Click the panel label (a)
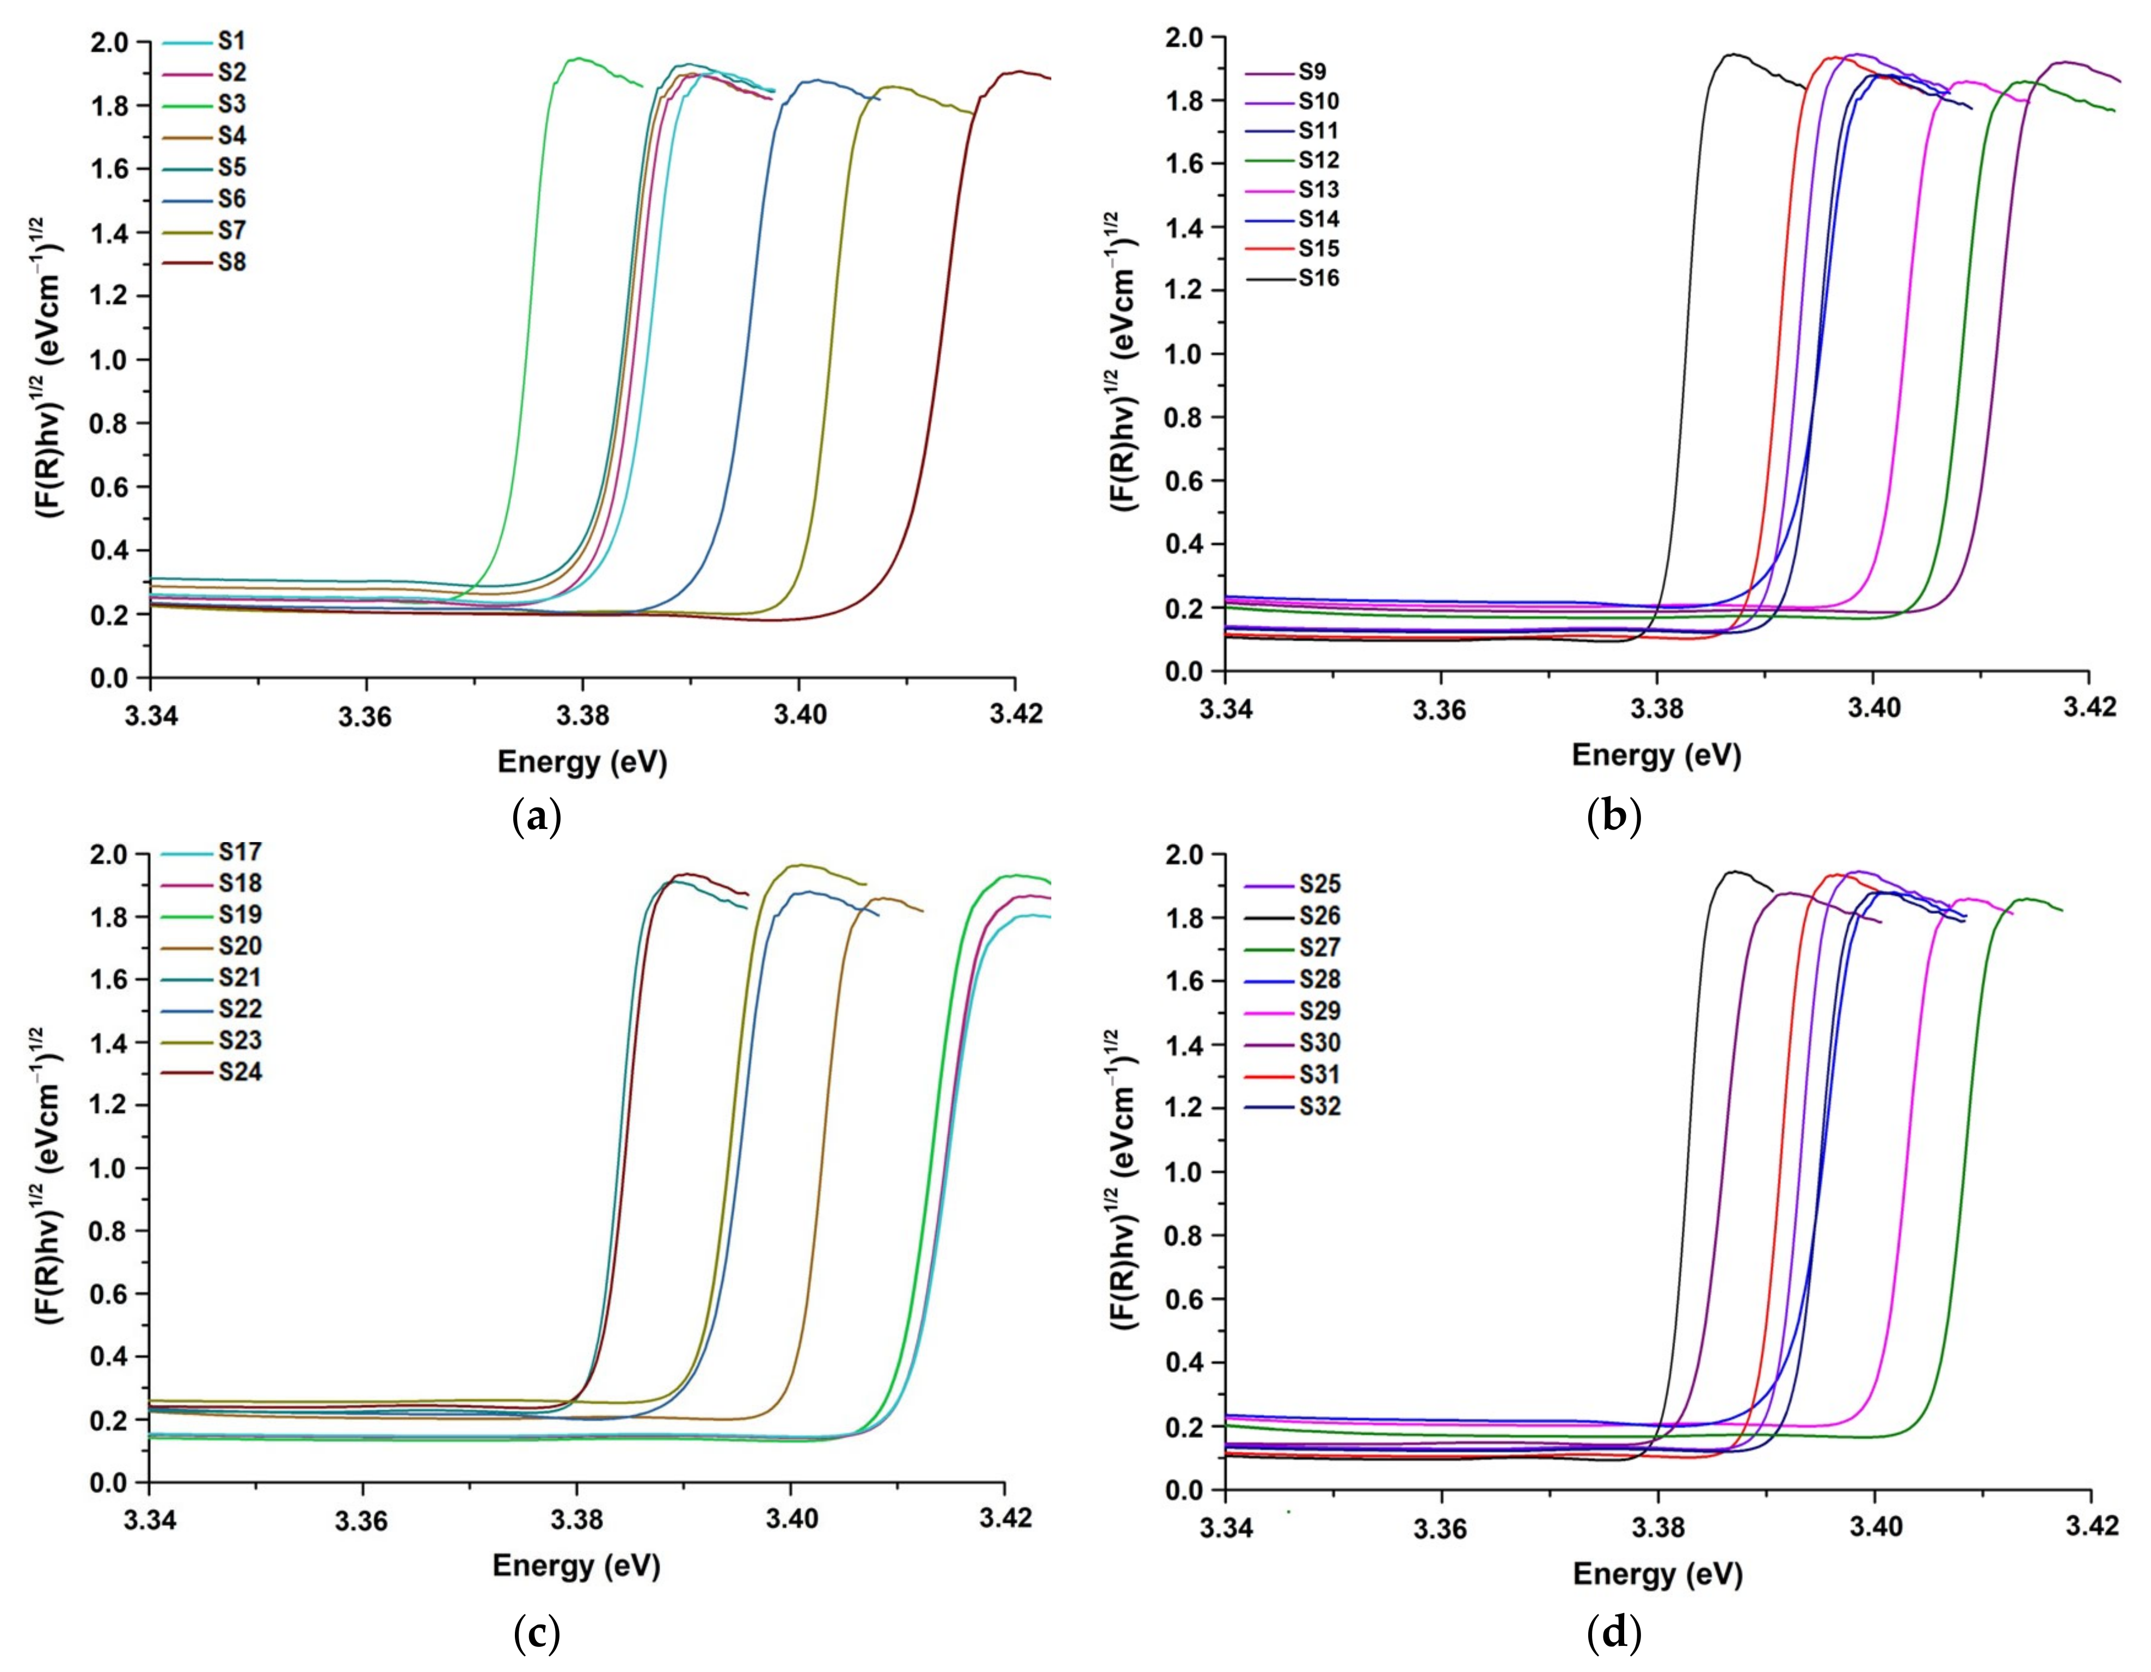(537, 816)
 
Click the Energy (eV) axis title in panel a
(582, 761)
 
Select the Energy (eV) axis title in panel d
(1657, 1572)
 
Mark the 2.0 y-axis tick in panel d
(1187, 855)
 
